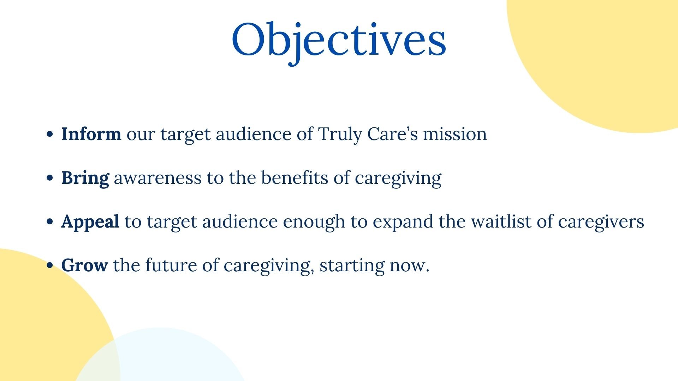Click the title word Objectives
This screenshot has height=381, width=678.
(339, 42)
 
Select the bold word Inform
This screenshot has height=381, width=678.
(91, 134)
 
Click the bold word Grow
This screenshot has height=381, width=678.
(84, 265)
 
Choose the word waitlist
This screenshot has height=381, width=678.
(501, 222)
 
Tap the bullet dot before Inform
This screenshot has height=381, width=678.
(50, 134)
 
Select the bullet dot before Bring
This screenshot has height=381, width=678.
(50, 178)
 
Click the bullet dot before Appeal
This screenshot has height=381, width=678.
(50, 222)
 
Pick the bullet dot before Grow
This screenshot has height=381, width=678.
(50, 266)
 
